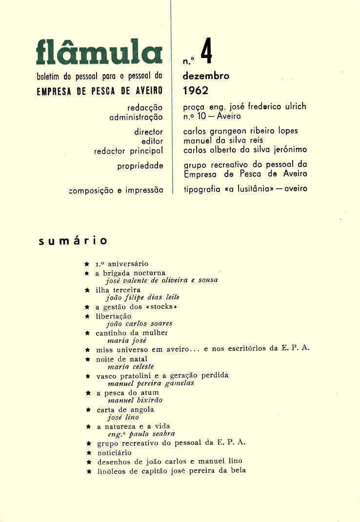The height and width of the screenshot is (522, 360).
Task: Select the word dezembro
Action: click(205, 76)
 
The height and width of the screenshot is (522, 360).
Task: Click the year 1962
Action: click(195, 90)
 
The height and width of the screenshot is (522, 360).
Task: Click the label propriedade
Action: click(140, 166)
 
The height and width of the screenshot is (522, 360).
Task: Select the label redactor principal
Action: click(128, 151)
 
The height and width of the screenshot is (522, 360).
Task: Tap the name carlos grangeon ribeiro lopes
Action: click(240, 131)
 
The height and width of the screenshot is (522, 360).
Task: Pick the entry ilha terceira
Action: click(118, 289)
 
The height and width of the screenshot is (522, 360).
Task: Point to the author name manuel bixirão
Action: click(135, 400)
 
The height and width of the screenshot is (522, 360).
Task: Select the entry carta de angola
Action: click(125, 410)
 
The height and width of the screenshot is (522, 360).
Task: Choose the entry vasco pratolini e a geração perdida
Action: click(162, 376)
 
